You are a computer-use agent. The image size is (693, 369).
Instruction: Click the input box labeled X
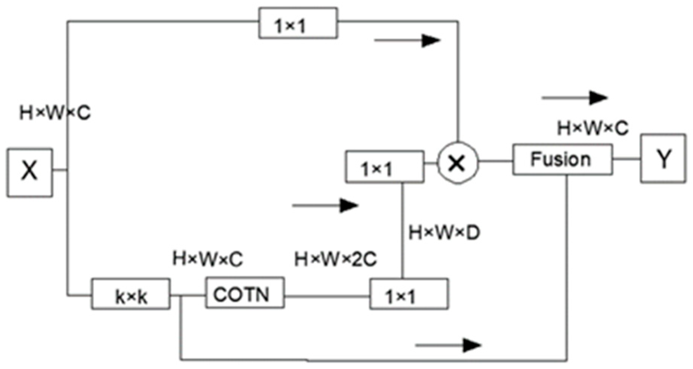tap(29, 172)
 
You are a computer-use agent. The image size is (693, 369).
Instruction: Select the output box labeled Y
tap(663, 158)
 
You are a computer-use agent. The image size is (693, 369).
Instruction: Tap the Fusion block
tap(562, 159)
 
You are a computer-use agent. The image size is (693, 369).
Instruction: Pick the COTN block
tap(245, 293)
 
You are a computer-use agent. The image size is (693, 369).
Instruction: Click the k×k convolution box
tap(131, 294)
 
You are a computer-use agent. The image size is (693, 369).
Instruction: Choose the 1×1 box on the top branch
tap(298, 23)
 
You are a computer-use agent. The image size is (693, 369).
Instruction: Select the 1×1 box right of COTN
tap(409, 294)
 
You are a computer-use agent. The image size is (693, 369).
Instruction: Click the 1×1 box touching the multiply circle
tap(384, 167)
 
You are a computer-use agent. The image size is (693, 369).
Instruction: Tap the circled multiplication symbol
tap(457, 163)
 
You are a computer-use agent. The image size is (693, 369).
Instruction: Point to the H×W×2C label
tap(336, 260)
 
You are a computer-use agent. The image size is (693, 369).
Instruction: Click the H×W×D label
tap(444, 232)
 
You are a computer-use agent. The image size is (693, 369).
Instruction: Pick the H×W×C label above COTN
tap(208, 259)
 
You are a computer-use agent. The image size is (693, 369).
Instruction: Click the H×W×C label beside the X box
tap(55, 112)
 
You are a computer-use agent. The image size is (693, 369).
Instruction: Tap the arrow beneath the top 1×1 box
tap(407, 40)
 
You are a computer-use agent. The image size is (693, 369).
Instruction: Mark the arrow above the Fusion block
tap(574, 98)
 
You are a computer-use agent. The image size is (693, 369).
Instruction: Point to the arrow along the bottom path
tap(448, 345)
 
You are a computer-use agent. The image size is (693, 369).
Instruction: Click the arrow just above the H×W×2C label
tap(325, 206)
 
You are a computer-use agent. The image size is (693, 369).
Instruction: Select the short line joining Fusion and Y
tap(626, 159)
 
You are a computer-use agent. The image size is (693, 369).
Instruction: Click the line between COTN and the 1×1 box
tap(327, 296)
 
